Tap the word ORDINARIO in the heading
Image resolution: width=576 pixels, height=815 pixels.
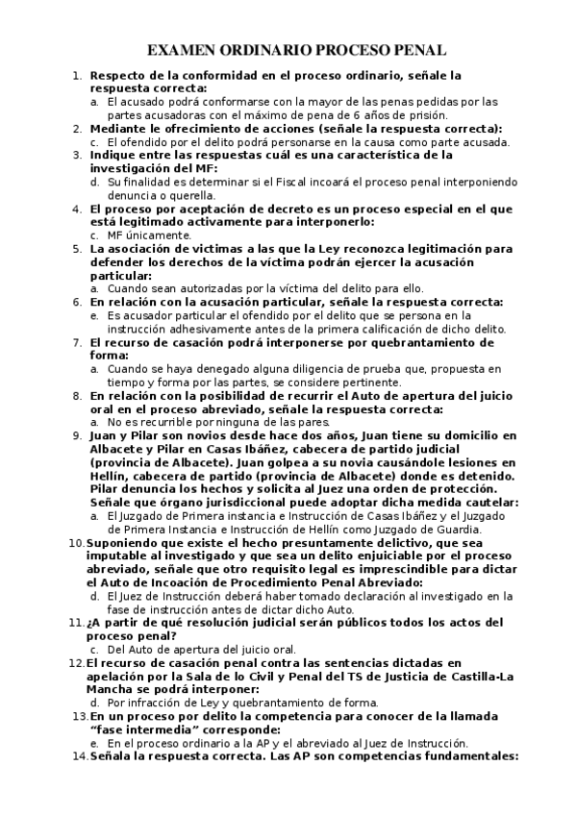[268, 51]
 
